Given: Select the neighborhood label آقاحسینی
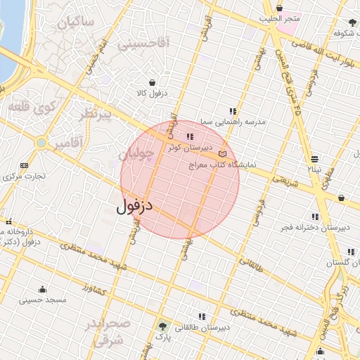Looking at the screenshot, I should click(x=143, y=44).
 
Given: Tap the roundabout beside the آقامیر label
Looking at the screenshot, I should click(x=41, y=143).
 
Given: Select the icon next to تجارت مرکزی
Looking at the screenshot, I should click(x=25, y=165).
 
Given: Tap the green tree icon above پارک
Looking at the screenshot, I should click(x=163, y=326).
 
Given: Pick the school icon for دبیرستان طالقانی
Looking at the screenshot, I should click(x=202, y=317).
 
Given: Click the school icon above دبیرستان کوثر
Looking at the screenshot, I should click(x=189, y=136).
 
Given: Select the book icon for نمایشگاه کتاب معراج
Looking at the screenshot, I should click(x=223, y=154).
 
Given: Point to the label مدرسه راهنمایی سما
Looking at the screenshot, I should click(x=233, y=122).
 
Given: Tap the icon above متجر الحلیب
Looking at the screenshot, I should click(x=279, y=8).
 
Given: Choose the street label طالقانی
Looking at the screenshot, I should click(x=251, y=266).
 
